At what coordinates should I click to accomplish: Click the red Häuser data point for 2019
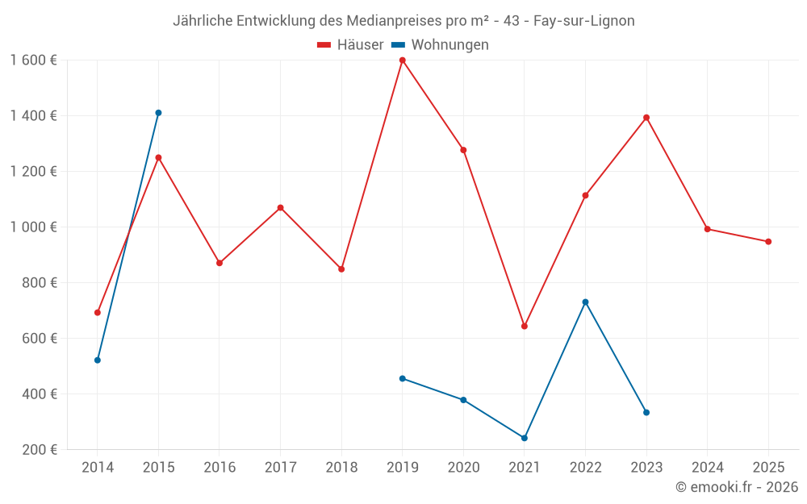tap(402, 60)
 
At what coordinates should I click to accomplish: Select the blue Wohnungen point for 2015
tap(158, 113)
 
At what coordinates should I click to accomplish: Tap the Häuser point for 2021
tap(525, 327)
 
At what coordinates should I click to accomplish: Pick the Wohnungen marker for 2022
tap(585, 302)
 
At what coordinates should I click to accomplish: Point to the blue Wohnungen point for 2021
tap(525, 438)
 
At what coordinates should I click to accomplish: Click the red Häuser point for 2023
tap(646, 118)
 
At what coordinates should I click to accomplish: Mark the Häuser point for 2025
tap(768, 242)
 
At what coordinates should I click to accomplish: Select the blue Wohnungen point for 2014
tap(98, 360)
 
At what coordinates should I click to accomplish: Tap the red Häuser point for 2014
tap(98, 313)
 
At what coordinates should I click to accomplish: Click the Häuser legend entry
tap(350, 45)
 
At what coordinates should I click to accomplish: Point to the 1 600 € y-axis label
tap(34, 60)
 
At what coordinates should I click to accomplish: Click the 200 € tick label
tap(40, 450)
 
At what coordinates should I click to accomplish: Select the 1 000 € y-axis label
tap(34, 227)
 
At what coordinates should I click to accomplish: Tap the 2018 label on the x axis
tap(341, 468)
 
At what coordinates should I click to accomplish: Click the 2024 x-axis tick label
tap(707, 468)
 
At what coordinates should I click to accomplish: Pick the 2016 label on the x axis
tap(220, 468)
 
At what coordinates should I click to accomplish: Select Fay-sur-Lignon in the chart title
tap(583, 21)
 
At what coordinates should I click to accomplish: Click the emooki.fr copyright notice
tap(736, 487)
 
